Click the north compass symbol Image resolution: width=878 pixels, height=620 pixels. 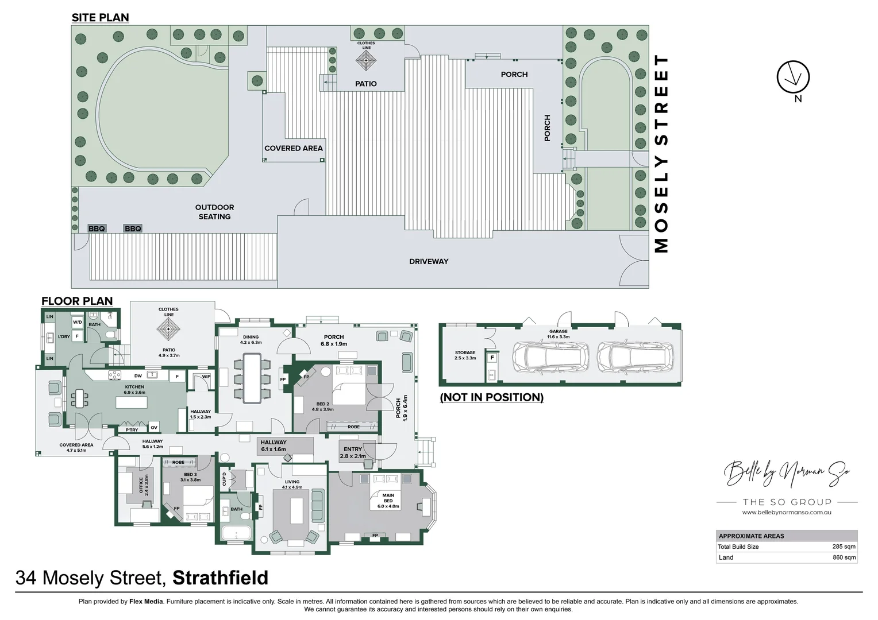[x=793, y=77]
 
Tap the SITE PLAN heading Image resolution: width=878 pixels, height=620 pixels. [x=100, y=18]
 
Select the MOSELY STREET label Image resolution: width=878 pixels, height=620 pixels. [x=662, y=154]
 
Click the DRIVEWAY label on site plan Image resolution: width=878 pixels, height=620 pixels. [x=429, y=262]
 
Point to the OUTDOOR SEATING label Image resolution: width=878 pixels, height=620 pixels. [x=214, y=212]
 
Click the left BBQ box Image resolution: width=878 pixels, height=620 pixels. [x=97, y=228]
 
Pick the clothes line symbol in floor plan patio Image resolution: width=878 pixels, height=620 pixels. [x=168, y=330]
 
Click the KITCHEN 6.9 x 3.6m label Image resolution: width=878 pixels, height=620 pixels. [x=134, y=390]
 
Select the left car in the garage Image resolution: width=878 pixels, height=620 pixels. [x=550, y=356]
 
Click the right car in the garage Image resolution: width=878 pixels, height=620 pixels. [x=635, y=356]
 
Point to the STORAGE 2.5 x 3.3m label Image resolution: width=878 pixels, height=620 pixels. [x=465, y=355]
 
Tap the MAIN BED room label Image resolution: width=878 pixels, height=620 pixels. [x=388, y=501]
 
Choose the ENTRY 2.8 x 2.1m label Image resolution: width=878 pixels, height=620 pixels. [x=353, y=453]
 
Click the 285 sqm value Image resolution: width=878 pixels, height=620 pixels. [x=844, y=547]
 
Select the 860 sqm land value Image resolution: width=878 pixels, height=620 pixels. [x=844, y=557]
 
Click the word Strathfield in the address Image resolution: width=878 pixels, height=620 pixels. [x=220, y=578]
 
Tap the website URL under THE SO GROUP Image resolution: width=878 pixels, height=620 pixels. [x=787, y=513]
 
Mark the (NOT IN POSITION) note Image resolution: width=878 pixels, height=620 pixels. [x=491, y=397]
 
